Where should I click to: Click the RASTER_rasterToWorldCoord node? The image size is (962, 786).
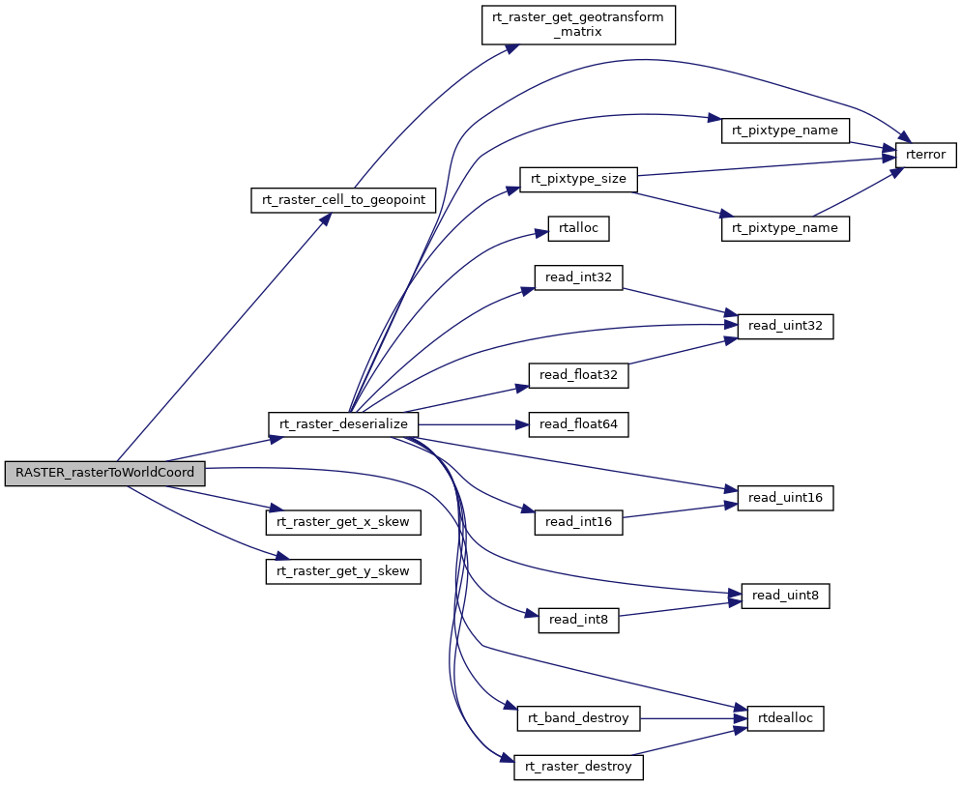click(105, 474)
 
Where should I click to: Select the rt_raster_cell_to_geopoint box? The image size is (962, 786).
click(343, 200)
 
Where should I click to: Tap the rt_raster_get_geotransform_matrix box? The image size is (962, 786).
click(577, 24)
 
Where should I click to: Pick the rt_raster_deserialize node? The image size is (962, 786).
click(343, 423)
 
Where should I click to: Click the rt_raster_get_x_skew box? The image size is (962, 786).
click(343, 522)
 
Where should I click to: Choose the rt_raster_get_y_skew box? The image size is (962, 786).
click(343, 571)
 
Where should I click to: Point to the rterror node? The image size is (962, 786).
click(925, 154)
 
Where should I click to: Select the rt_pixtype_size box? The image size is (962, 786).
click(578, 179)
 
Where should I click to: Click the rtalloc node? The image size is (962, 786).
click(578, 229)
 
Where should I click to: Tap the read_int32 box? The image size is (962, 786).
click(578, 277)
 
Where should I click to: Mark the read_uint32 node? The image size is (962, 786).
click(785, 327)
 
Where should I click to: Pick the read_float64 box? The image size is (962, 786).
click(578, 424)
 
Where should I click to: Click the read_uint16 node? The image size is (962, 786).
click(785, 498)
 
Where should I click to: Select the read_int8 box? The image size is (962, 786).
click(578, 620)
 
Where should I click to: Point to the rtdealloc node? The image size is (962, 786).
click(785, 717)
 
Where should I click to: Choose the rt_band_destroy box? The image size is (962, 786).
click(578, 718)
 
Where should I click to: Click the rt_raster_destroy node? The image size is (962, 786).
click(578, 768)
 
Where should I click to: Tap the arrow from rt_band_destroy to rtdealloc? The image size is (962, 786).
click(691, 718)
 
